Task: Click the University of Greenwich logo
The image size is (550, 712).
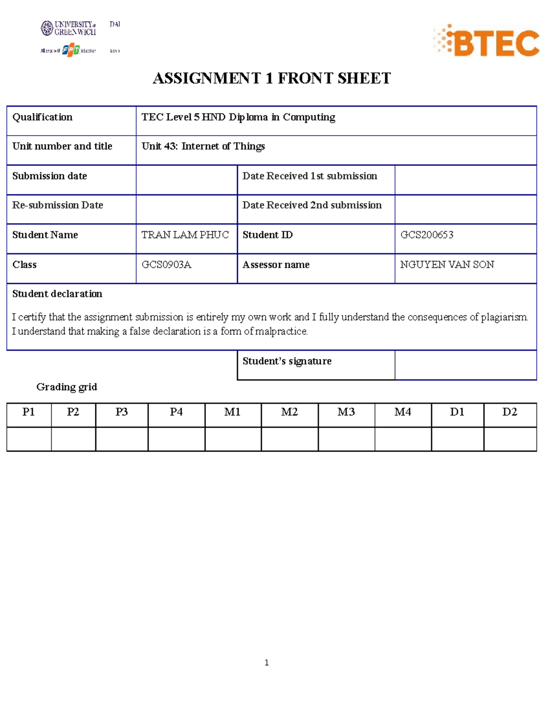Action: click(69, 28)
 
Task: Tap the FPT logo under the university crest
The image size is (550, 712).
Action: click(71, 50)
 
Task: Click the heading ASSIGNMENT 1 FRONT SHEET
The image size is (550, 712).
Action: click(271, 78)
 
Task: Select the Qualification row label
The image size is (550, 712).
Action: click(42, 117)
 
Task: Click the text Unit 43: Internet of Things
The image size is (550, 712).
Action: click(203, 146)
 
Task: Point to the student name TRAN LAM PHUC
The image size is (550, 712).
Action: click(185, 235)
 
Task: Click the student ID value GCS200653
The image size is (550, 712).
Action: click(427, 235)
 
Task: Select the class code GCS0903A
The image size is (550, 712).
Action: click(166, 265)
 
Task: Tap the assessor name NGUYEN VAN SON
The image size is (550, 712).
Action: click(447, 265)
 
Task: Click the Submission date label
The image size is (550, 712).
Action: click(49, 176)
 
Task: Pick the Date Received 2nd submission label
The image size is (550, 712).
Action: click(312, 205)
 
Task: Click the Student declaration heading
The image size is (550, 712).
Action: click(57, 294)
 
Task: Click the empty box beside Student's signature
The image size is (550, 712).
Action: click(465, 365)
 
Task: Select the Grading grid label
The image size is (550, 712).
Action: click(66, 387)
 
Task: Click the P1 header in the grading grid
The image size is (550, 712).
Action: click(28, 412)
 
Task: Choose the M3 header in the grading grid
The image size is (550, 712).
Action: click(346, 412)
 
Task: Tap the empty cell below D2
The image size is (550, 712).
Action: click(510, 439)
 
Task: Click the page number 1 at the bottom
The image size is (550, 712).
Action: click(267, 662)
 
